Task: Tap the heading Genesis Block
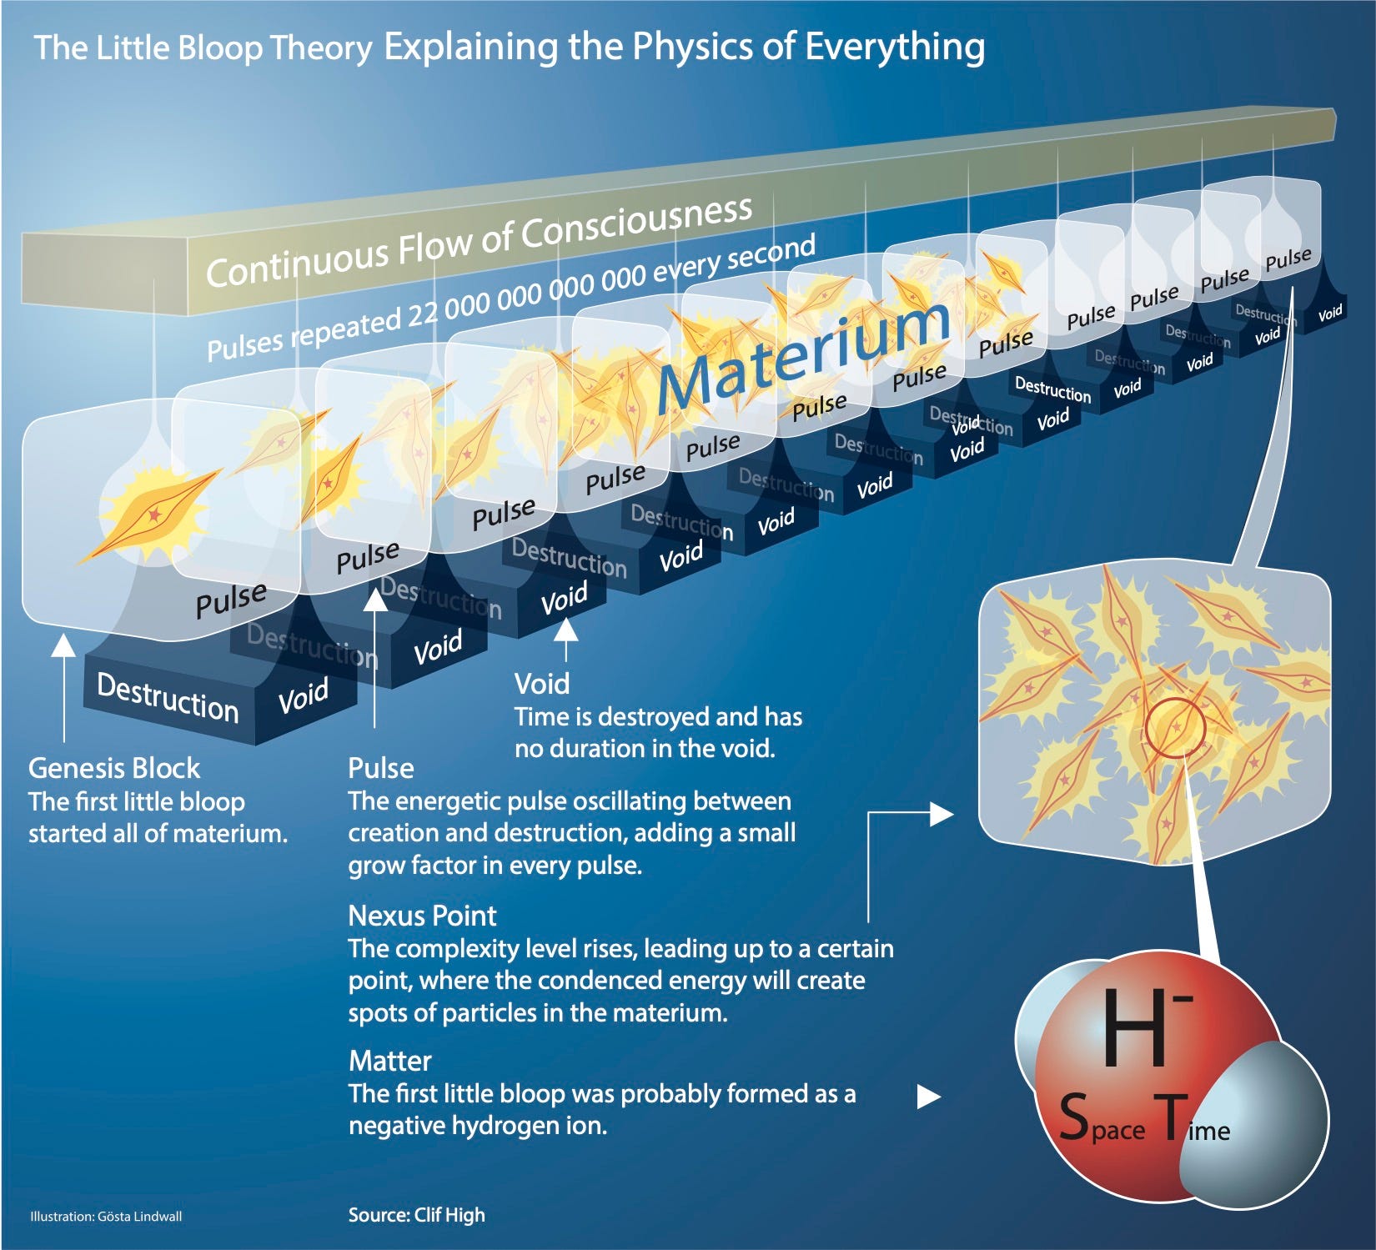click(x=114, y=768)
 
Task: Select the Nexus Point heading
click(x=422, y=916)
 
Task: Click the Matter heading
click(x=389, y=1061)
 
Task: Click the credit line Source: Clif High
click(x=416, y=1215)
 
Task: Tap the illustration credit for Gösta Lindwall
click(x=106, y=1217)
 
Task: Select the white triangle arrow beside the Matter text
click(x=928, y=1097)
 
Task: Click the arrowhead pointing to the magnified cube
click(x=942, y=814)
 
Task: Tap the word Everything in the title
click(x=894, y=47)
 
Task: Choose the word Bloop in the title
click(x=221, y=48)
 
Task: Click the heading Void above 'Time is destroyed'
click(x=542, y=684)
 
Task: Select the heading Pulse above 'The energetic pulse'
click(x=380, y=768)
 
